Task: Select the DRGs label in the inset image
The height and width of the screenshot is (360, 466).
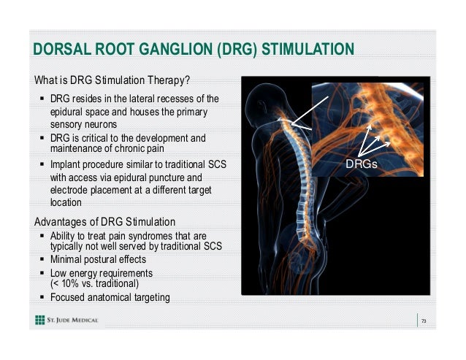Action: coord(362,165)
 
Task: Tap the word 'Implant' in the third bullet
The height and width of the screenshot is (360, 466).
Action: coord(66,165)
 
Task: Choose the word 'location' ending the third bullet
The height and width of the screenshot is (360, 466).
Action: coord(66,202)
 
